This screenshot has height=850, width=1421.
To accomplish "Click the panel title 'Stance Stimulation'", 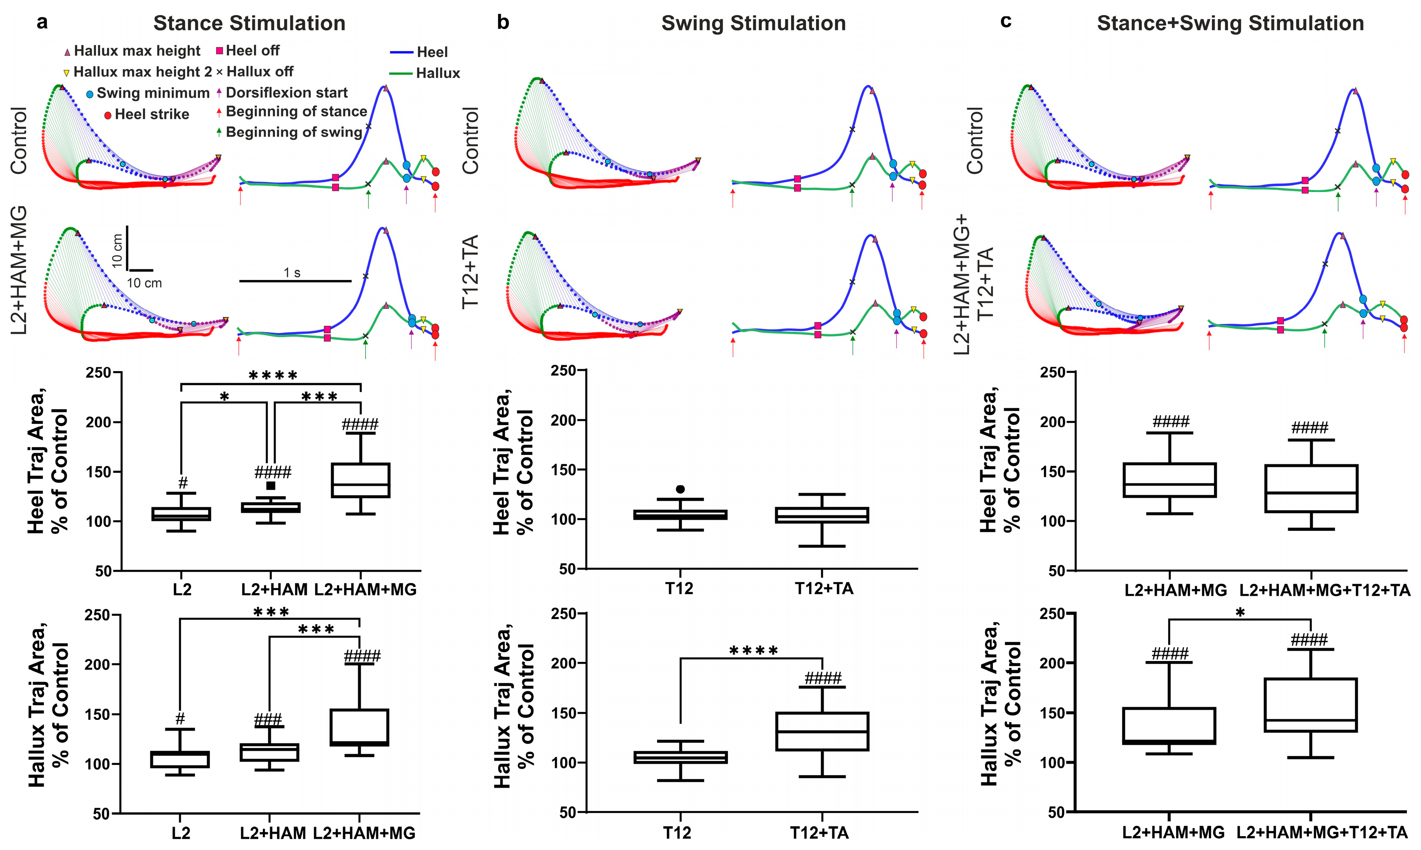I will [x=249, y=24].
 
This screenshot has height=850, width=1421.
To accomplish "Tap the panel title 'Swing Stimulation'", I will [x=753, y=24].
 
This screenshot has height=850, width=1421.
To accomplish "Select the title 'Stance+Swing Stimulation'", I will [x=1230, y=24].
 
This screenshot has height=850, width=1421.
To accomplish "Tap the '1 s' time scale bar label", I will [x=292, y=273].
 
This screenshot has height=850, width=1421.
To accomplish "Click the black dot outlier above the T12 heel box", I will [x=680, y=489].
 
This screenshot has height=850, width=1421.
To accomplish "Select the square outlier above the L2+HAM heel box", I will [x=271, y=486].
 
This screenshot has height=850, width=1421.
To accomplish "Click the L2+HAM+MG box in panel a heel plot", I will [x=361, y=480].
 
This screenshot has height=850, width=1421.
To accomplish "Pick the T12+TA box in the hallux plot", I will [x=822, y=731].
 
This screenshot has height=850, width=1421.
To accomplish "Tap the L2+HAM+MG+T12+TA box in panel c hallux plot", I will [x=1311, y=705].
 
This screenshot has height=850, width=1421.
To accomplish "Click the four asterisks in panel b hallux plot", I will [x=753, y=651].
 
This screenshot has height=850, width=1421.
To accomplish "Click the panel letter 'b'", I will [x=503, y=23].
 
